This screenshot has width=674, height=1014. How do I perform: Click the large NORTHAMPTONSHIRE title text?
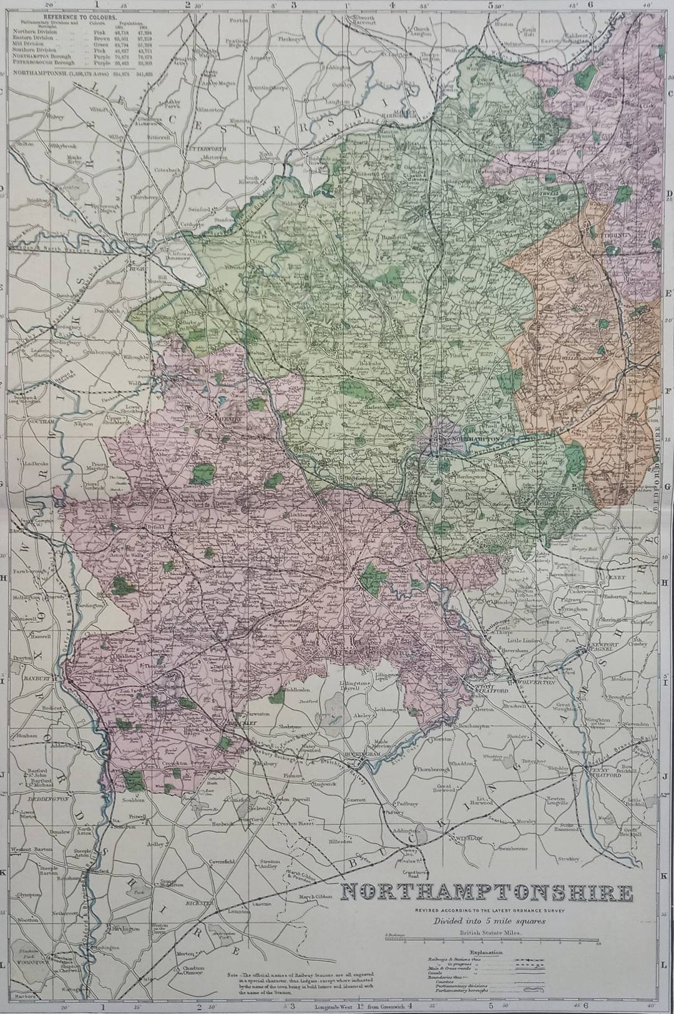coord(486,892)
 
